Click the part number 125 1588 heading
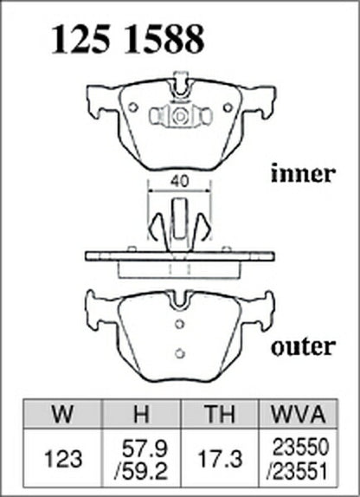click(127, 39)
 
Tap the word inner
click(303, 173)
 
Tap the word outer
click(303, 346)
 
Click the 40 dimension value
click(179, 181)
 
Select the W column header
click(63, 414)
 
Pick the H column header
click(141, 414)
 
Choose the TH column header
click(220, 414)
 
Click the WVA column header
click(299, 414)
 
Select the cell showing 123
click(63, 459)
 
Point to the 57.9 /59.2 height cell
click(141, 459)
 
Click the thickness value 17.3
click(220, 459)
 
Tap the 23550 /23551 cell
click(299, 459)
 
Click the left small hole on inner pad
click(133, 107)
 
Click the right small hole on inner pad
click(228, 107)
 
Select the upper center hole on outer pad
click(180, 324)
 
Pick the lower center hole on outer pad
click(180, 352)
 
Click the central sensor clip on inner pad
click(180, 116)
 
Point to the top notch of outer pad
click(180, 300)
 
